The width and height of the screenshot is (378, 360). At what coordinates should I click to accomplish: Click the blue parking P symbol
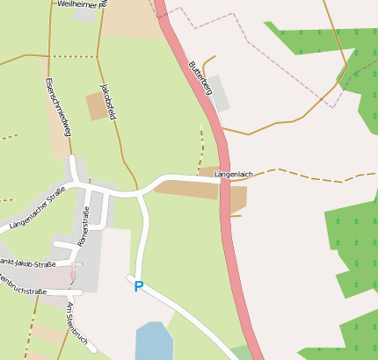137,286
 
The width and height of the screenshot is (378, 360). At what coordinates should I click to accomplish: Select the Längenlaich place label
234,175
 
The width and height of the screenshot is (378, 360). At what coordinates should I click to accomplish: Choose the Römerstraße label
84,227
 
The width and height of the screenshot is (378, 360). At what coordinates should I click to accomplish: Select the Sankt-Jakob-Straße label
26,263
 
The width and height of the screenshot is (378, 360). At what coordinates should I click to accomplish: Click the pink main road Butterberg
230,220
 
